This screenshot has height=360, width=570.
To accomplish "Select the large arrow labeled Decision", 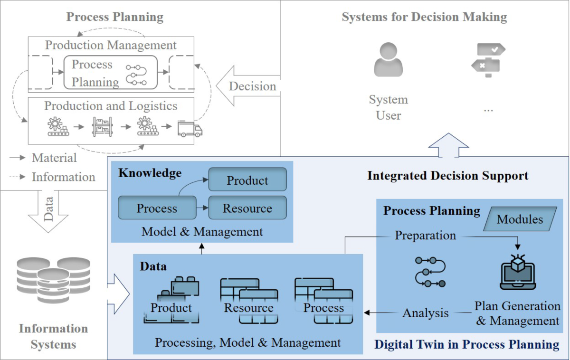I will pos(247,86).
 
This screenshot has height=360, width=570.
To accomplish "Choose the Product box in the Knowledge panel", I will pos(247,180).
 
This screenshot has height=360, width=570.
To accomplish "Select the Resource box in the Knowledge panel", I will pos(247,208).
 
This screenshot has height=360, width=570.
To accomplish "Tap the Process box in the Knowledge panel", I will pos(157,208).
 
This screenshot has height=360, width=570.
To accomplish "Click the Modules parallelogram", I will pos(520,219).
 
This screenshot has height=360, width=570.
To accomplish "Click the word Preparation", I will pos(425,235).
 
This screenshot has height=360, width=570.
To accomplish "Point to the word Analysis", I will pos(425,313).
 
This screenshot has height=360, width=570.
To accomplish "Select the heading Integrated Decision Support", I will pos(447,176).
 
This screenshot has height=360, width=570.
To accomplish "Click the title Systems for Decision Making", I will pos(424,18).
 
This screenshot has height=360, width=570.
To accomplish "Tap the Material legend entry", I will pos(54,158).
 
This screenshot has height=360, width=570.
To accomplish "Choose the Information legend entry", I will pos(63,177).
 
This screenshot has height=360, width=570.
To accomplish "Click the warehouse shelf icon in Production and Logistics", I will pos(102,126).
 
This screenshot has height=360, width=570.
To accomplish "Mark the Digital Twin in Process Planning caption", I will pos(466,344).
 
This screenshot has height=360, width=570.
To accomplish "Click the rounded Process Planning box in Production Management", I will pos(110,73).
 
